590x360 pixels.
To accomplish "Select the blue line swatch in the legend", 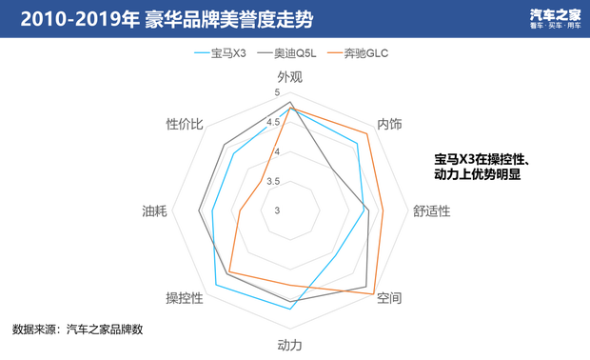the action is (201, 54).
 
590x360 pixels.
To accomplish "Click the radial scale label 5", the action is (277, 91).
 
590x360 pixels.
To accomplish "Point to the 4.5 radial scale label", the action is (274, 122).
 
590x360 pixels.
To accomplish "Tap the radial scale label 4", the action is (277, 150).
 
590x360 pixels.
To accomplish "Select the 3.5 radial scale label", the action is (274, 180).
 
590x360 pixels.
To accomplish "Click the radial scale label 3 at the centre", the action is (277, 210).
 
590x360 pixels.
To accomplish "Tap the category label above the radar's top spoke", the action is (290, 74).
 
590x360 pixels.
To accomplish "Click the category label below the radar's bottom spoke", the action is (290, 343).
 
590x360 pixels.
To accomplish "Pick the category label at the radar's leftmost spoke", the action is (152, 210).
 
